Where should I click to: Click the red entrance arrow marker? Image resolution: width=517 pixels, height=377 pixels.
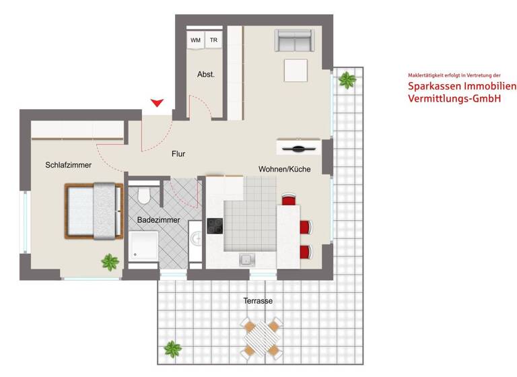point(157,103)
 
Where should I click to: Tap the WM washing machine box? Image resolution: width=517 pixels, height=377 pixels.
point(195,40)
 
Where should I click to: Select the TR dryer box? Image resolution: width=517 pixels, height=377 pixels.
point(214,40)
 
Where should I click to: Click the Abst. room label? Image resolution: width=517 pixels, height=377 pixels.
point(206,75)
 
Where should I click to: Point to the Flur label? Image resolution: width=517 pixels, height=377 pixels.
point(178,154)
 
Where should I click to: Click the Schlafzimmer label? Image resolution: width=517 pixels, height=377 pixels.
point(69,165)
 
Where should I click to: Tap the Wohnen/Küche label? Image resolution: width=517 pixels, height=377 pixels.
point(285,170)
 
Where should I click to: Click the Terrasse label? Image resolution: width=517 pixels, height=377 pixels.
point(258,301)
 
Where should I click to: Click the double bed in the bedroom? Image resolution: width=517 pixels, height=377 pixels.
point(94,211)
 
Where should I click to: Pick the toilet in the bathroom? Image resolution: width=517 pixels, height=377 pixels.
point(143,195)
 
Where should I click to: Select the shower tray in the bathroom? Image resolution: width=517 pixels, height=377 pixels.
point(143,246)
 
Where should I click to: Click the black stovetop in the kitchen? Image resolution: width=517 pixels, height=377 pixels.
point(215,227)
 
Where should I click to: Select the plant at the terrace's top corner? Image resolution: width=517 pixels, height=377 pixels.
point(347,81)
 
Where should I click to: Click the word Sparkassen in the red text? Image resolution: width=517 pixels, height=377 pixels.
point(435,87)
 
